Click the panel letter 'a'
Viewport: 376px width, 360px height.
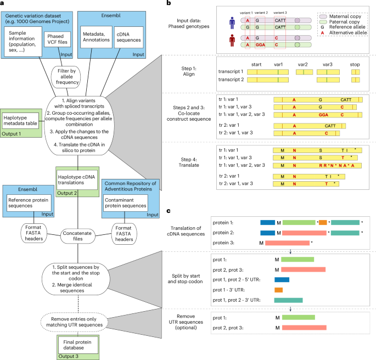4,4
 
